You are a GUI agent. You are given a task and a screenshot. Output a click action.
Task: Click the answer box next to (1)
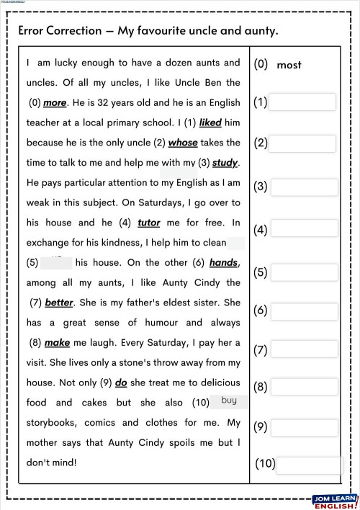302,102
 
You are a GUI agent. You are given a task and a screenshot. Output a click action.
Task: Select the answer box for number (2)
302,143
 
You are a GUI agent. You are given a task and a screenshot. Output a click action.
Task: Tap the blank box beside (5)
302,272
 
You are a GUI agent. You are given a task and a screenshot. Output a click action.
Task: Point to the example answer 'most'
289,65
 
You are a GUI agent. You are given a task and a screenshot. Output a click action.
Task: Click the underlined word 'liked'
210,123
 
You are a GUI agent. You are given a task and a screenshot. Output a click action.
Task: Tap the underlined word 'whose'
183,143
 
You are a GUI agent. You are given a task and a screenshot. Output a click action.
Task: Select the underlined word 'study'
225,163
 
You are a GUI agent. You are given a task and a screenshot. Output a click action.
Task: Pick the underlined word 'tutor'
148,223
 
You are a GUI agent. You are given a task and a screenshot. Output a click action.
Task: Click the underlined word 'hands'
223,263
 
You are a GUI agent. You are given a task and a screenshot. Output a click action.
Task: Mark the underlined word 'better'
60,303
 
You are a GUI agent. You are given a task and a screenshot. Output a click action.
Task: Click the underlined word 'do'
121,382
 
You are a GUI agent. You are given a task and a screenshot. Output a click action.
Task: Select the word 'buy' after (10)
229,401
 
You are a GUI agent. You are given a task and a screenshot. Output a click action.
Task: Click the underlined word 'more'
55,103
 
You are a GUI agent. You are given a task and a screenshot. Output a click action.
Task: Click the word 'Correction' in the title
72,31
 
